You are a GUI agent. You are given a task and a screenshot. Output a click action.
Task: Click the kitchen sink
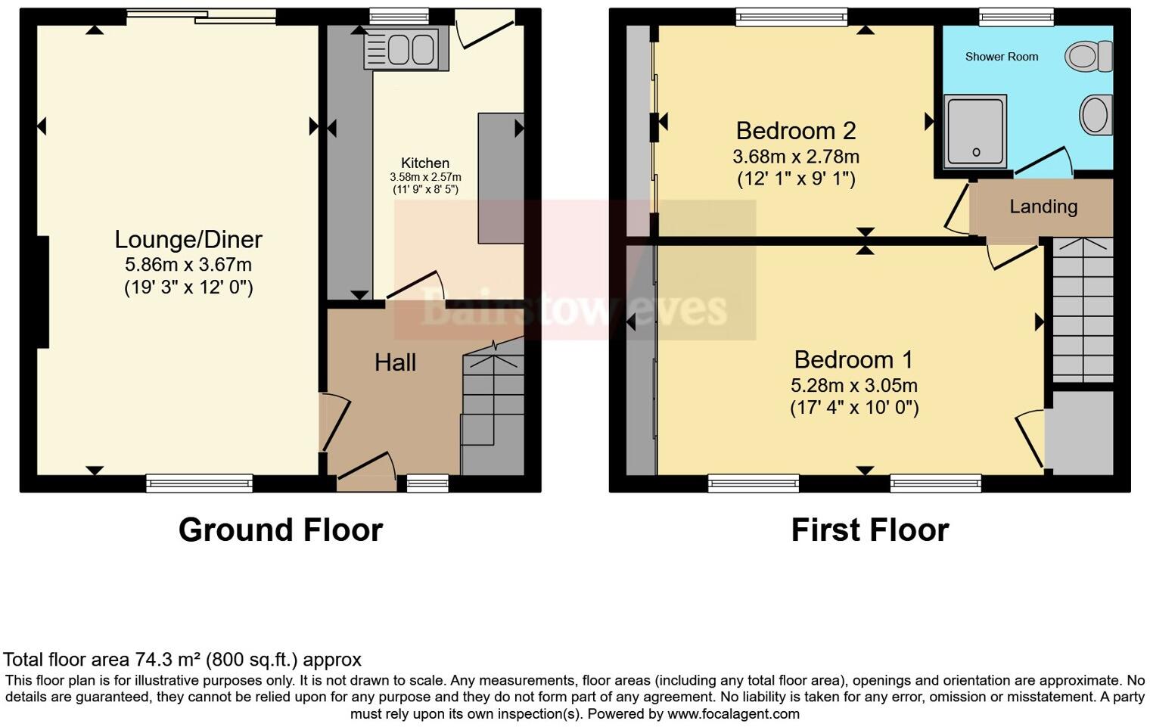400,49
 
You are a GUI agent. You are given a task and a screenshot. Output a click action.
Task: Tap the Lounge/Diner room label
188,240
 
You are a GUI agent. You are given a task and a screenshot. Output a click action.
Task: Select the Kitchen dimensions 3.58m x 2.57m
425,177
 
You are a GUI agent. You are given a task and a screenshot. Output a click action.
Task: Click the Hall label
395,363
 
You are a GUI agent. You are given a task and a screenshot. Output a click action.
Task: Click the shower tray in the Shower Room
975,132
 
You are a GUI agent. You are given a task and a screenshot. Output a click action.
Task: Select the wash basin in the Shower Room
1096,116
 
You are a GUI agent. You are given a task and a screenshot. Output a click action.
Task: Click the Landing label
1043,207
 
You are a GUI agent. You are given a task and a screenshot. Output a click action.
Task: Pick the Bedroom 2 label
796,131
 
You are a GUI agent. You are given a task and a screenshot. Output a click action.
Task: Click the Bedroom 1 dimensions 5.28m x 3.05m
854,385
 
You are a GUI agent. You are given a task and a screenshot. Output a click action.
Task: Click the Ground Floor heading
281,530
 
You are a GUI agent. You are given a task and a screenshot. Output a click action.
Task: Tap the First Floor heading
870,530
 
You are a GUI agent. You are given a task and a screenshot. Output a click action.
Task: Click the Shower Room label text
1002,57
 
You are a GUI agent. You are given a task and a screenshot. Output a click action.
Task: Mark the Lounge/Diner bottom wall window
200,483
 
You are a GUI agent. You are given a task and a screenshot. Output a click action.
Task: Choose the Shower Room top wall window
1016,17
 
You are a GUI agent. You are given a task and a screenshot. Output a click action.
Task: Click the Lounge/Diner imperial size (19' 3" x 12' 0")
188,287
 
